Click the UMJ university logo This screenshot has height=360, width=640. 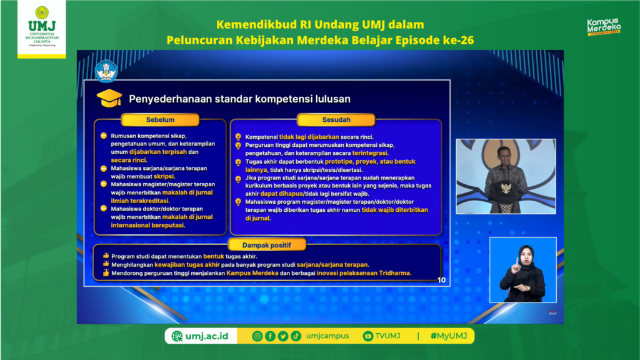click(42, 26)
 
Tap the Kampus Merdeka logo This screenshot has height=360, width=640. click(604, 27)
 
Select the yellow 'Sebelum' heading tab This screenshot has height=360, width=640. click(160, 119)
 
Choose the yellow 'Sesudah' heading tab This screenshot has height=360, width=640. click(336, 119)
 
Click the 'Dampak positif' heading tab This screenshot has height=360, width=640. click(266, 245)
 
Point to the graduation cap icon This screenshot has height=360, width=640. click(109, 98)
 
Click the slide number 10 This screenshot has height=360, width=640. click(442, 280)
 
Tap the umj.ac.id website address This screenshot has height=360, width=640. click(200, 336)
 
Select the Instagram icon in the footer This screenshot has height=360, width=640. click(257, 336)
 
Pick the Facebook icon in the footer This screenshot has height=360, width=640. click(270, 336)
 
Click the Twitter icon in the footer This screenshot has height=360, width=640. click(283, 336)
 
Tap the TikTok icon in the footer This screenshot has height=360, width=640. click(296, 336)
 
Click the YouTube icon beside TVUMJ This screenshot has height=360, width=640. click(367, 336)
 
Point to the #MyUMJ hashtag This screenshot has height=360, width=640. click(449, 336)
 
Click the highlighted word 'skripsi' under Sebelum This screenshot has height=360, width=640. click(164, 176)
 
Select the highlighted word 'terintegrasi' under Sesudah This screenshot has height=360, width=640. click(370, 153)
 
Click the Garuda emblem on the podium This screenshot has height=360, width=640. click(506, 189)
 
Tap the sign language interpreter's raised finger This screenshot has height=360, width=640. click(517, 261)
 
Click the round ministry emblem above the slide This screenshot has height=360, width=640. click(106, 71)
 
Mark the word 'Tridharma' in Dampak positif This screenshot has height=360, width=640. click(394, 273)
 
